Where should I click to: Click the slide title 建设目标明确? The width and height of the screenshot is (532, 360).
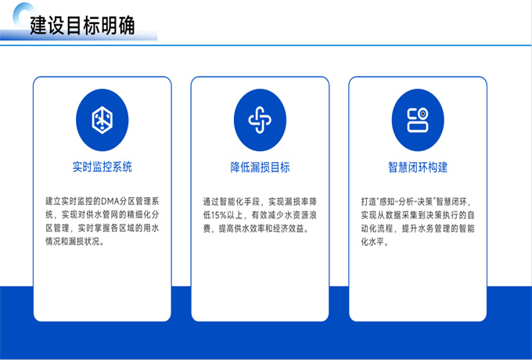(82, 26)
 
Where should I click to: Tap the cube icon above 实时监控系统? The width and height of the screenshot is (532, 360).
(102, 120)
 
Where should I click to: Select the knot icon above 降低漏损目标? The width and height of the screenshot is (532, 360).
(260, 120)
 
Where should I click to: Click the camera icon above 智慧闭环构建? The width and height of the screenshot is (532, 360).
(418, 120)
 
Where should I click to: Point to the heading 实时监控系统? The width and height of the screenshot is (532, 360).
(102, 167)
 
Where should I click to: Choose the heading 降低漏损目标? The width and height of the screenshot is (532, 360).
(260, 167)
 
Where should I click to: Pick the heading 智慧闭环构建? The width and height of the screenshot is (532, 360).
(418, 167)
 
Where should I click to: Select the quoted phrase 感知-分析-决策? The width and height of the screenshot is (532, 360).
(405, 202)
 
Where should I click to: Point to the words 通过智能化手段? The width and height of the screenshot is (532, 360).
(231, 202)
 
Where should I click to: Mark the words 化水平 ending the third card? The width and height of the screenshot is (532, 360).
(373, 242)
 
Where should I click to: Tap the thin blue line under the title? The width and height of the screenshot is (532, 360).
(266, 45)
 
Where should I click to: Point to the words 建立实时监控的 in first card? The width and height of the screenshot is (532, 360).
(73, 201)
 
